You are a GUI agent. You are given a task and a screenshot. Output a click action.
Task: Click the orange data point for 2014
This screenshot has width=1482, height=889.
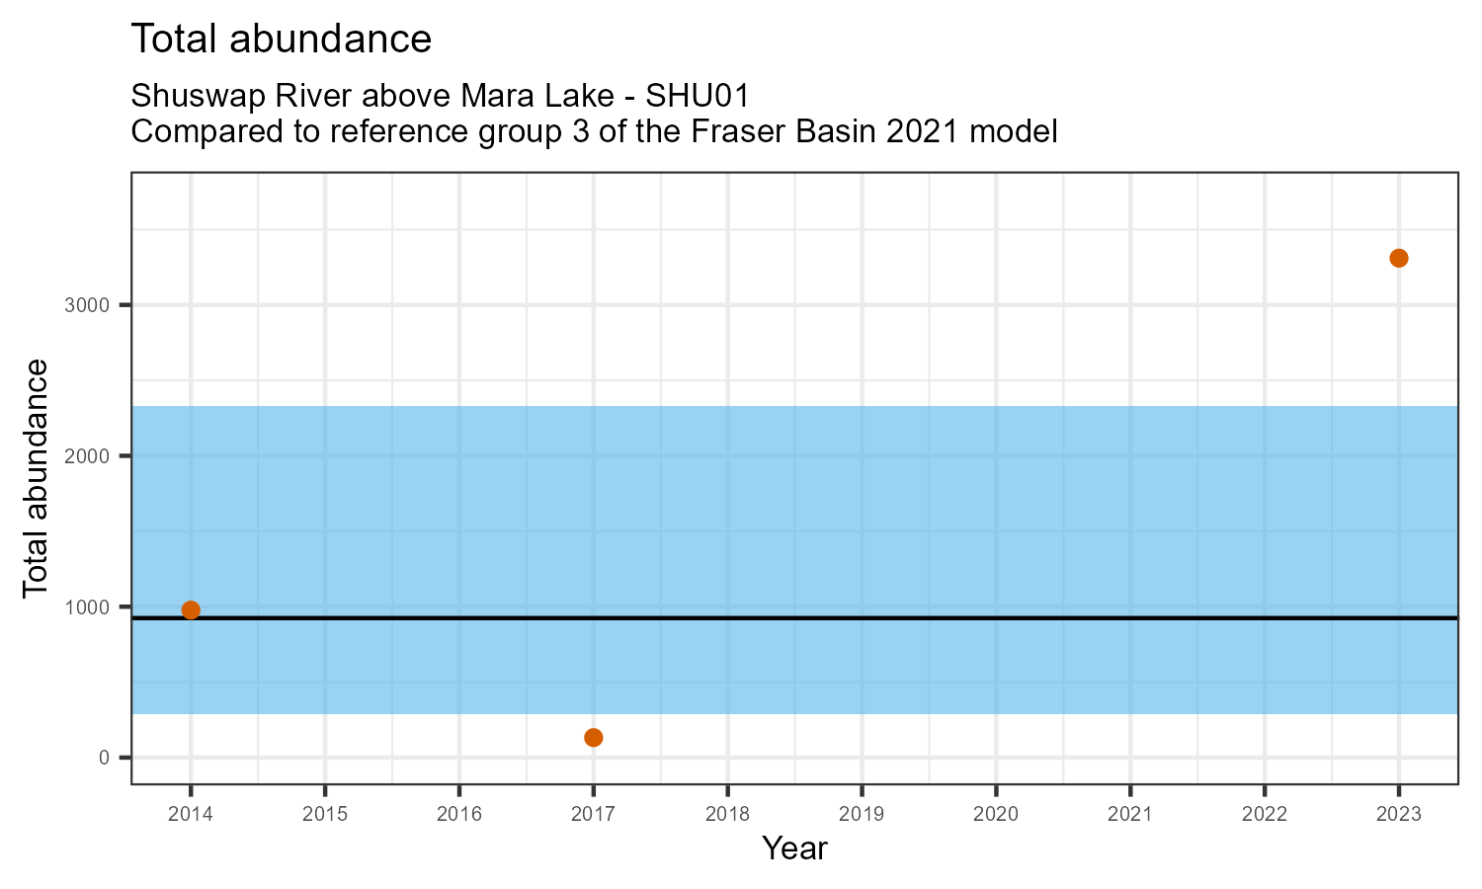(191, 609)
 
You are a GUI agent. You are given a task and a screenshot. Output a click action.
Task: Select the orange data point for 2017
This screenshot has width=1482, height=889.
(593, 737)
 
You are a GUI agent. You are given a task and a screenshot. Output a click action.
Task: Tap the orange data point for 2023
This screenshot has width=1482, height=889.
(1398, 258)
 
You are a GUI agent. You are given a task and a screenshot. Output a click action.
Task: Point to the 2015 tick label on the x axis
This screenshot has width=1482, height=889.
(325, 814)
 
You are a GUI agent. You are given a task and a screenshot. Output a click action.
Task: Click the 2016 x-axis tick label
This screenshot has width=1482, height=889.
(459, 814)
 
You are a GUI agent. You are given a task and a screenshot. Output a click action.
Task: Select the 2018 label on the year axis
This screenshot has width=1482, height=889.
(727, 814)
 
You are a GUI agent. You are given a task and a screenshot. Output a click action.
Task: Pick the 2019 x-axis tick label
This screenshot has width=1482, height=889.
(862, 814)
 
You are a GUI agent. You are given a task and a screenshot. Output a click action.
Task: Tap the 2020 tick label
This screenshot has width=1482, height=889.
(996, 814)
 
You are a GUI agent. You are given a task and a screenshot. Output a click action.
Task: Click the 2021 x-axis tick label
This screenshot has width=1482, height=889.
(1130, 814)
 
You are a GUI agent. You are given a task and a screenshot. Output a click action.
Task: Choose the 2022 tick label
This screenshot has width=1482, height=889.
(1265, 814)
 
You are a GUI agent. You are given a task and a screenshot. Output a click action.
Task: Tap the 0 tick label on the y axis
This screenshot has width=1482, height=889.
(104, 759)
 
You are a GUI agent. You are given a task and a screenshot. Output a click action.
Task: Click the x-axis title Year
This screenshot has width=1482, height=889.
(794, 849)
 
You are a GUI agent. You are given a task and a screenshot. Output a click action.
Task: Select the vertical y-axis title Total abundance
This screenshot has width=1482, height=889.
(36, 478)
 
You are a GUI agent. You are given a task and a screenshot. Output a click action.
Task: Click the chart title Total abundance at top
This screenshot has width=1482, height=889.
(282, 40)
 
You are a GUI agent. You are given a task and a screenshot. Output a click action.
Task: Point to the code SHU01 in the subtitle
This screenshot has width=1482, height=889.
(698, 97)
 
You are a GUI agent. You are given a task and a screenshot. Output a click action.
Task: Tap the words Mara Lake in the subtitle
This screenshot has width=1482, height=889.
(500, 97)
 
